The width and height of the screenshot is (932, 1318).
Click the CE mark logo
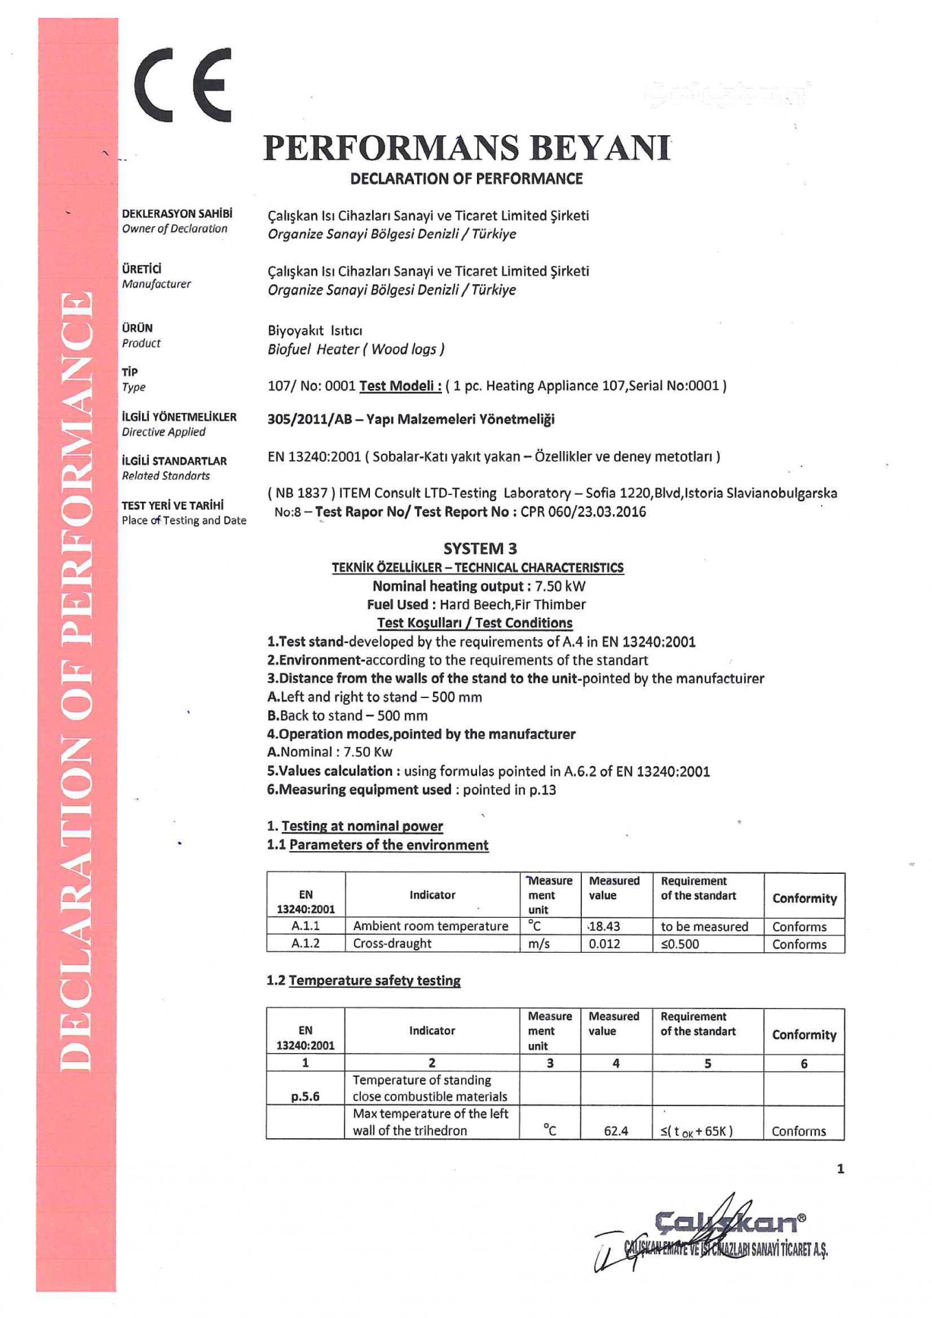(x=183, y=85)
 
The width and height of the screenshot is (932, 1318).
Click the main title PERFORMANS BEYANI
(x=467, y=148)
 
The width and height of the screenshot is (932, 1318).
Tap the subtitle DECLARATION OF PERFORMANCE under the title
(x=466, y=178)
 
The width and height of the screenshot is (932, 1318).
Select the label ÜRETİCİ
(x=141, y=268)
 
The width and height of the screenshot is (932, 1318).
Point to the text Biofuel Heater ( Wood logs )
(x=356, y=349)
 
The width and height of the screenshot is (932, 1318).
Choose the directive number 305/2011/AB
(x=310, y=419)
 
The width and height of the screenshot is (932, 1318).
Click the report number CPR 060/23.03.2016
(x=583, y=511)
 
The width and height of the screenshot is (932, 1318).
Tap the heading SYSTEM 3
(x=480, y=548)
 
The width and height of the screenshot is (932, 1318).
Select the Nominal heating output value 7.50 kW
(x=560, y=586)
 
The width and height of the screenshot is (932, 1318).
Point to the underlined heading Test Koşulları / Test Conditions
(x=475, y=623)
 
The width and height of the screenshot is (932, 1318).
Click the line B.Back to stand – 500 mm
(x=347, y=715)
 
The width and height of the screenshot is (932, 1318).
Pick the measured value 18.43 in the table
(x=604, y=926)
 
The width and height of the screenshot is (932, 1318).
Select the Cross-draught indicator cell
(x=392, y=943)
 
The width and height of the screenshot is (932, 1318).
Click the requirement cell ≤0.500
(x=679, y=944)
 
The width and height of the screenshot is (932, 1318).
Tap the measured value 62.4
(x=616, y=1131)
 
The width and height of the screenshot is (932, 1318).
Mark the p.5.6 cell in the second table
(x=305, y=1096)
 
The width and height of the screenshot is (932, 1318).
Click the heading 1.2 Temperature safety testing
(x=364, y=980)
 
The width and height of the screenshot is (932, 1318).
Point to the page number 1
(x=841, y=1168)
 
